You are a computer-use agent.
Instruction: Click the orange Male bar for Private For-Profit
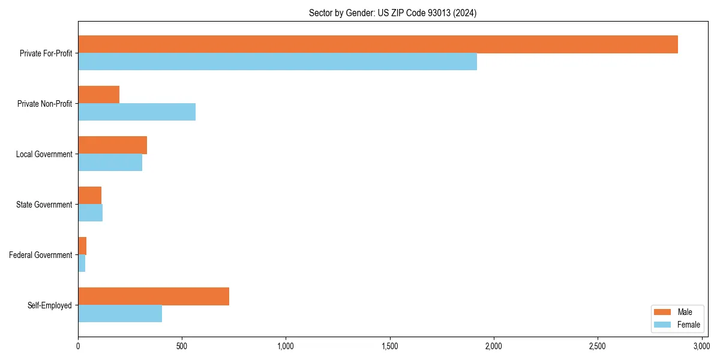(378, 44)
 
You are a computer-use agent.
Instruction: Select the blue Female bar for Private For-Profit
(277, 62)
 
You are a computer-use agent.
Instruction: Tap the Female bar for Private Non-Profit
(137, 112)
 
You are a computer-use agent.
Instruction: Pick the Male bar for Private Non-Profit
(99, 95)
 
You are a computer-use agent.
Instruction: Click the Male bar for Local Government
(113, 145)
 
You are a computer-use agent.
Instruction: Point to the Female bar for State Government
(90, 213)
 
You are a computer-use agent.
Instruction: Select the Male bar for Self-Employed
(154, 296)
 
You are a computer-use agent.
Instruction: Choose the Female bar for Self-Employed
(120, 314)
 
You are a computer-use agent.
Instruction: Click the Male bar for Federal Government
(82, 246)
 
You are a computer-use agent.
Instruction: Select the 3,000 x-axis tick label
(701, 346)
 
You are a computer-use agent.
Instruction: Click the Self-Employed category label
(50, 305)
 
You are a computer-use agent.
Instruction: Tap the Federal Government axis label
(41, 255)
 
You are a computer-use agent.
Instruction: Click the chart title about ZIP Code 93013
(392, 13)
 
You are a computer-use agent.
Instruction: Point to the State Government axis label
(44, 205)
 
